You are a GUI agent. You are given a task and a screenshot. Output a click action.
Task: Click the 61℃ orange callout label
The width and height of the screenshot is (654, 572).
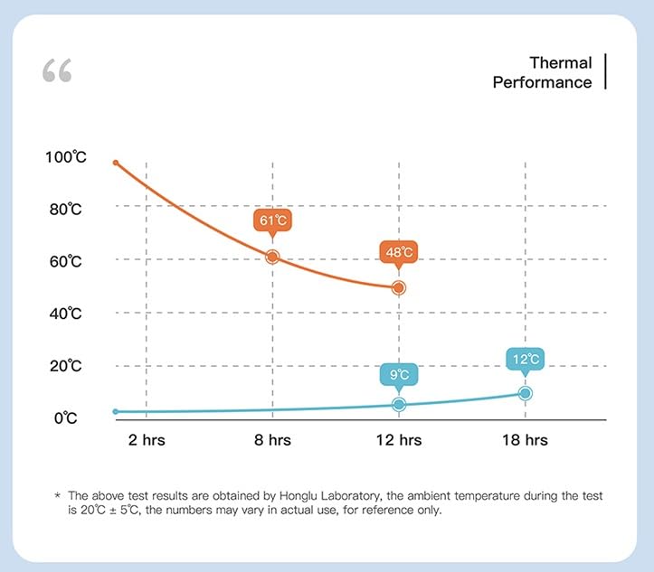272,220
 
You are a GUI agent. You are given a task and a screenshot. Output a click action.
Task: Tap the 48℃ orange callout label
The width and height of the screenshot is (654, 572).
399,252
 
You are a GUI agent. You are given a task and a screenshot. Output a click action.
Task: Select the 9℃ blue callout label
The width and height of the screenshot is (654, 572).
399,374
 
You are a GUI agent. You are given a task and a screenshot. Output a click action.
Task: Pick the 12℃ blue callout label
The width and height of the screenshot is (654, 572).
526,359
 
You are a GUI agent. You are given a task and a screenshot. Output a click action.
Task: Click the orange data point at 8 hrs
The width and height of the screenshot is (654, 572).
272,257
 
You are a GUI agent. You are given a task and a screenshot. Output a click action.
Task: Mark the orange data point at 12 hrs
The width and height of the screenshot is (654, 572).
399,287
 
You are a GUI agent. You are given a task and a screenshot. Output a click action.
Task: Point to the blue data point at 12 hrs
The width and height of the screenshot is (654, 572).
399,404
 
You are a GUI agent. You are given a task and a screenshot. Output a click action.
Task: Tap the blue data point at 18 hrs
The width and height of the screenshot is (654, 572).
526,393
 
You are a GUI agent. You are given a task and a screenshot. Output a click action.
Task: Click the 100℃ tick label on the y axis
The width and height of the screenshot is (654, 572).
65,157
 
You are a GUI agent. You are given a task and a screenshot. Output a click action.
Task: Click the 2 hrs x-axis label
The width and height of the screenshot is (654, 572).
147,441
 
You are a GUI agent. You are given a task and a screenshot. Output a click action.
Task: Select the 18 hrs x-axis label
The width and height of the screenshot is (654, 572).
525,441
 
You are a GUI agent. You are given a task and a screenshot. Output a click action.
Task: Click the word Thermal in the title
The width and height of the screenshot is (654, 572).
561,63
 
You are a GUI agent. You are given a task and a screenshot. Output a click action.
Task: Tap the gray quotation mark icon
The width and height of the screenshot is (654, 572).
56,70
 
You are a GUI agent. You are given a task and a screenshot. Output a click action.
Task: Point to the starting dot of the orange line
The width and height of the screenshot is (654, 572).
116,163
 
